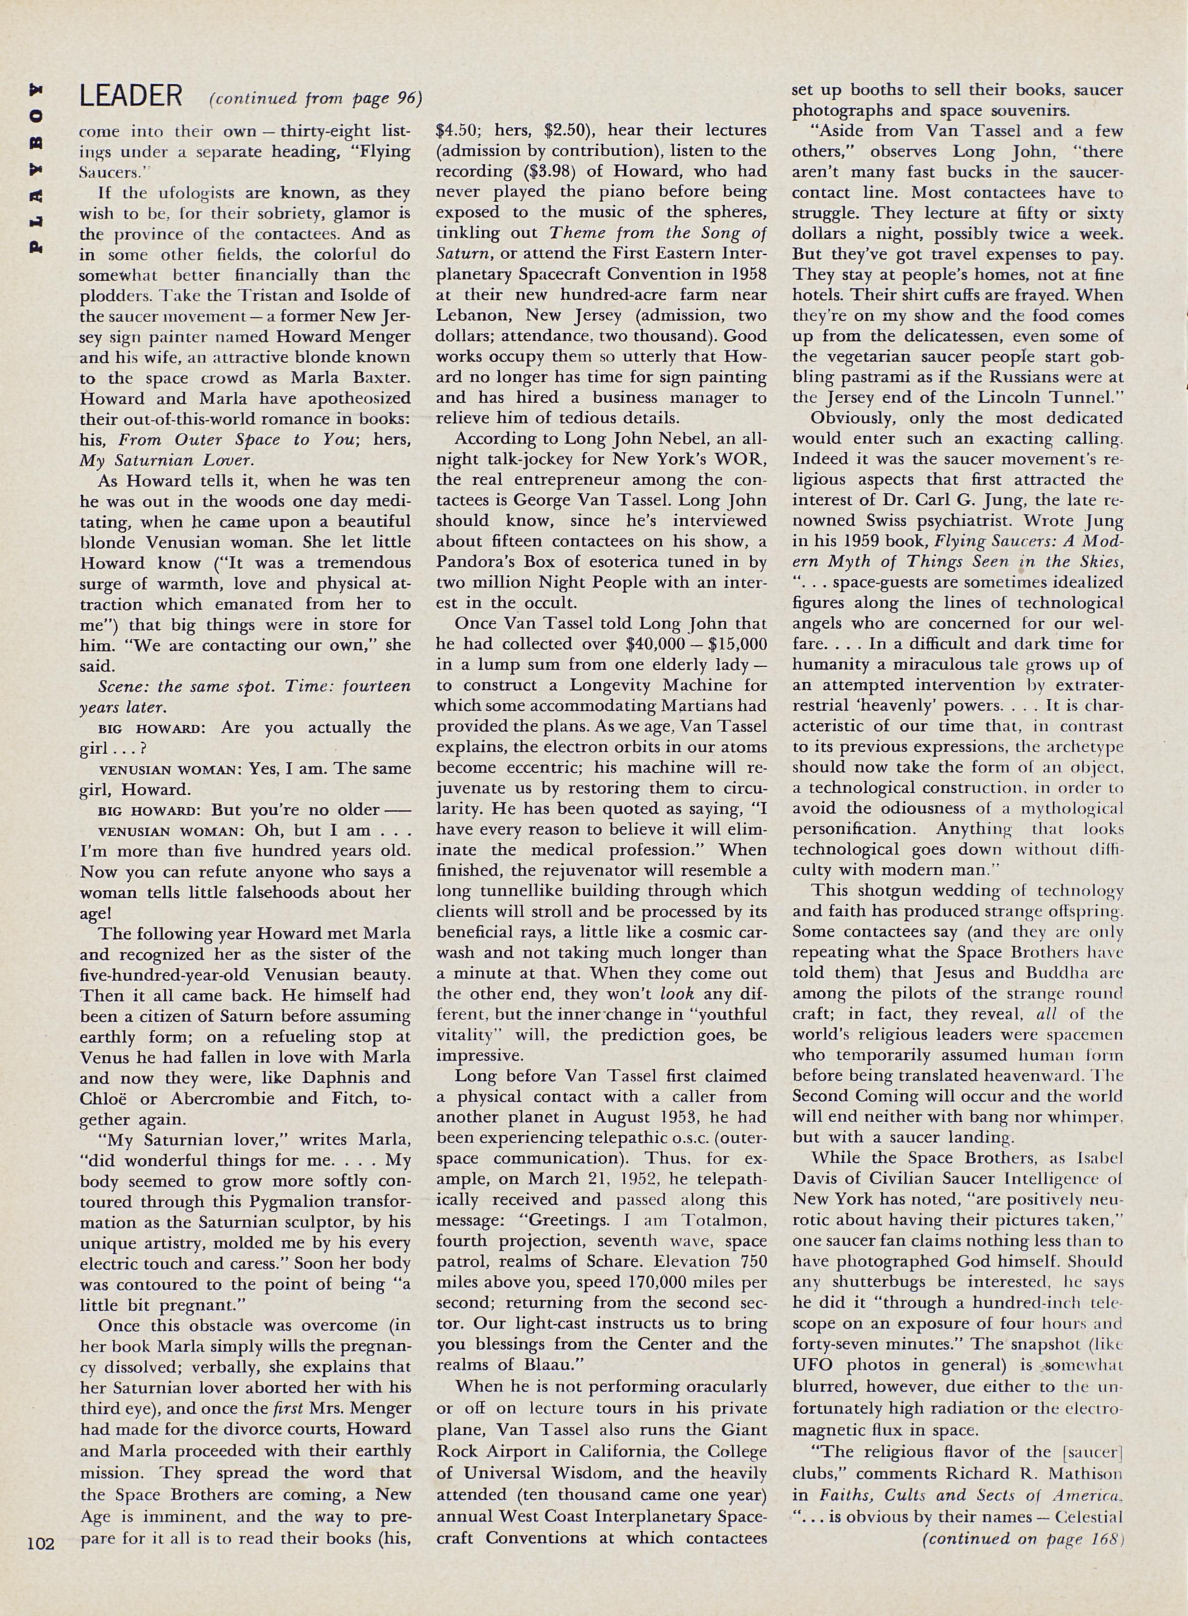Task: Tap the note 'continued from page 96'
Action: tap(315, 98)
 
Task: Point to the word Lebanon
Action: tap(472, 316)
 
